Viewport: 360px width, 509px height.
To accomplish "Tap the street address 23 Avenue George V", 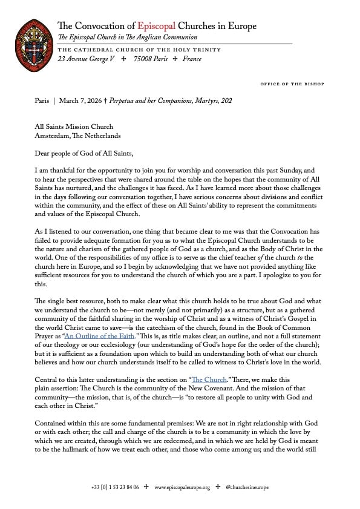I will (85, 59).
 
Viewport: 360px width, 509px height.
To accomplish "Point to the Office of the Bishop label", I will (292, 84).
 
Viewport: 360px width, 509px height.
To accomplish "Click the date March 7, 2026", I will (80, 101).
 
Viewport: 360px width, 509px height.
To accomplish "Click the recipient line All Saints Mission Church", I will (74, 127).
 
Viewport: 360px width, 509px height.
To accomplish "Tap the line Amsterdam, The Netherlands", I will (77, 136).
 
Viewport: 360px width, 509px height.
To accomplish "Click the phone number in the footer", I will (115, 487).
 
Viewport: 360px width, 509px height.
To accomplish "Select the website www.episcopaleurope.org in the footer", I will (182, 487).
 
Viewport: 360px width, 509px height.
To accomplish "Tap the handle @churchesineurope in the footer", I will (247, 487).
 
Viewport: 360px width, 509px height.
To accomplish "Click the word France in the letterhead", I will (192, 59).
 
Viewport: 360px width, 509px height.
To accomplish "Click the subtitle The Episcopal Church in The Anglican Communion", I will (123, 38).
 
